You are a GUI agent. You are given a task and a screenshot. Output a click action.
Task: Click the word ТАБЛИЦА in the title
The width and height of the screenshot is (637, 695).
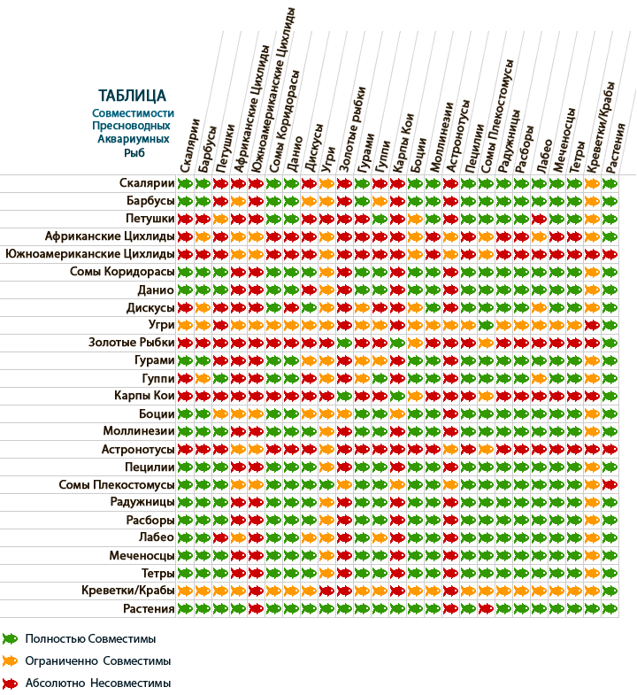click(x=133, y=96)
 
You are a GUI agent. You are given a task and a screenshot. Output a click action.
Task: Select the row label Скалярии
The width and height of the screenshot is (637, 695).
click(x=146, y=183)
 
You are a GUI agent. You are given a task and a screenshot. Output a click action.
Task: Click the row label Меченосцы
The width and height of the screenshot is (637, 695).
click(x=142, y=555)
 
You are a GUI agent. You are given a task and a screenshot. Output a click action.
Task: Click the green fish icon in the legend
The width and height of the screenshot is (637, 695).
click(x=11, y=637)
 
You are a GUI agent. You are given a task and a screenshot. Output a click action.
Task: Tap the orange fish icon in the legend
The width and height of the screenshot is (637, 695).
click(x=11, y=660)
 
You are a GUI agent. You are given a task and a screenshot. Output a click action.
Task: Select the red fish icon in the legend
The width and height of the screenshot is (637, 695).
click(x=11, y=683)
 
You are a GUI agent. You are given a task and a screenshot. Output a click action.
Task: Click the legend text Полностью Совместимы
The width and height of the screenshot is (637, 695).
click(x=90, y=637)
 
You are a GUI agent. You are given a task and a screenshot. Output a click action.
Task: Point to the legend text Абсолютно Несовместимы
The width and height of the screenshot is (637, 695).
click(x=97, y=683)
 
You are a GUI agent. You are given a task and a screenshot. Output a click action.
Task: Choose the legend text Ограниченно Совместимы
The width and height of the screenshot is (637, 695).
click(x=97, y=660)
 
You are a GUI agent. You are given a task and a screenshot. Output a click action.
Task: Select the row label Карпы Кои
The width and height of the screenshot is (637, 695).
click(x=143, y=396)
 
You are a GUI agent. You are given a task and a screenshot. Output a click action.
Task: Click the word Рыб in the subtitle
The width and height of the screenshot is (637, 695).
click(x=133, y=152)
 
